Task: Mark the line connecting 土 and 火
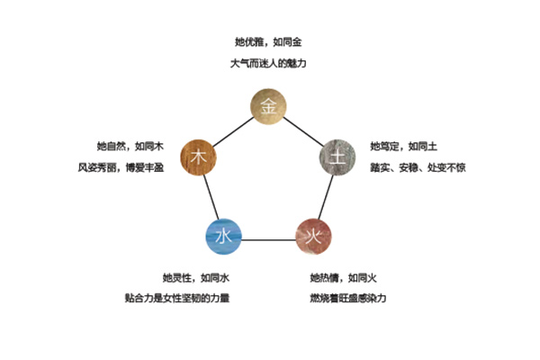click(x=327, y=198)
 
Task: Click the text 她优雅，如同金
click(x=269, y=42)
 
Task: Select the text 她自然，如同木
click(x=133, y=146)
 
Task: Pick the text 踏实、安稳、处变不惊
click(x=418, y=167)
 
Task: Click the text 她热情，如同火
click(x=343, y=276)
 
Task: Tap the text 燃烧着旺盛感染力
click(x=347, y=298)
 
